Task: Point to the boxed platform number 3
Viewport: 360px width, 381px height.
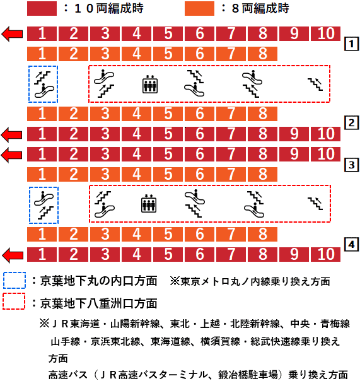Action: pyautogui.click(x=351, y=165)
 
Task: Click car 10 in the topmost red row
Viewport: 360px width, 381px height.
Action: pyautogui.click(x=326, y=33)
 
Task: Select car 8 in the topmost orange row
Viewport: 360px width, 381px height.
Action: pyautogui.click(x=263, y=54)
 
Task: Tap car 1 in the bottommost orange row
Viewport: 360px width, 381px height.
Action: pyautogui.click(x=42, y=235)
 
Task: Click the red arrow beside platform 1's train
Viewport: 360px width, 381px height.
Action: pyautogui.click(x=13, y=33)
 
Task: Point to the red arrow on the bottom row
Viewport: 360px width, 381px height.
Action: pyautogui.click(x=13, y=255)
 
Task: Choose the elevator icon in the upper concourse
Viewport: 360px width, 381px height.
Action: pyautogui.click(x=149, y=84)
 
